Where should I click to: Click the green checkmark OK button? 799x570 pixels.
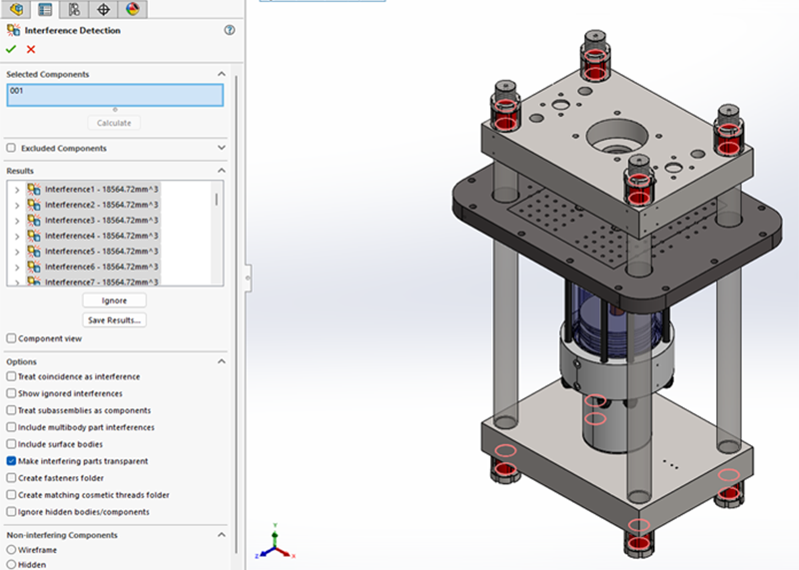(11, 49)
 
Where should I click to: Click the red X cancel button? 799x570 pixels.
(31, 49)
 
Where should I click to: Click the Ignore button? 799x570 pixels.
(115, 300)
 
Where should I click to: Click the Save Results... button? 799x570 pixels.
(115, 320)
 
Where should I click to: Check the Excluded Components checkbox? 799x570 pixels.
(11, 148)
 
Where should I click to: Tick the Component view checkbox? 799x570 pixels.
(11, 338)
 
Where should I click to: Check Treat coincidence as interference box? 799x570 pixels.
(11, 376)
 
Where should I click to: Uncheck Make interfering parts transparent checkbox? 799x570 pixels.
(11, 461)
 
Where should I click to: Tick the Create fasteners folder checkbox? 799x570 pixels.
(11, 478)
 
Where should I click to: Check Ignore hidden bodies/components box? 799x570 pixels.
(11, 512)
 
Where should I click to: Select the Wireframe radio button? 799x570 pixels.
(11, 549)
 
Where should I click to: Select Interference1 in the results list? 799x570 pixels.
(100, 189)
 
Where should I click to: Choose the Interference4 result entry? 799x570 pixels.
(100, 236)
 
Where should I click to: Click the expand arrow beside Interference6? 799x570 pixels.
(16, 267)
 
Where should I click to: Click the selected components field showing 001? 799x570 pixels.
(115, 95)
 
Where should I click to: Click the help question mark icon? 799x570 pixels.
(230, 31)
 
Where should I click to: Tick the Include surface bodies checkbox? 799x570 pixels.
(11, 444)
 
